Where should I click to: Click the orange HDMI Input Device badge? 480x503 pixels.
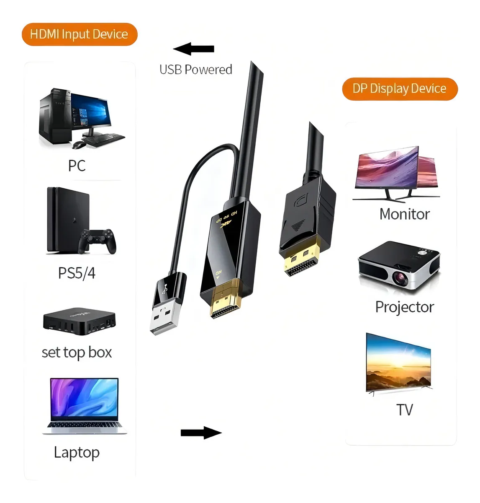[x=80, y=34]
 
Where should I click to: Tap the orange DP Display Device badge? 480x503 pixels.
[x=400, y=89]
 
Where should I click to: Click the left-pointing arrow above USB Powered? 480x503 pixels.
[x=193, y=49]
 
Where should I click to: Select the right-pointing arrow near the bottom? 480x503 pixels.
[x=201, y=433]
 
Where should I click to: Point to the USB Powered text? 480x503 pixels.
[x=195, y=70]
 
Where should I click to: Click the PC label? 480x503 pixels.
[x=77, y=166]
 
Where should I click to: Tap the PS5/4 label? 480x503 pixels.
[x=77, y=273]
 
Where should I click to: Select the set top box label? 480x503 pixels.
[x=77, y=353]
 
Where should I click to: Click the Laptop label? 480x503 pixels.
[x=77, y=452]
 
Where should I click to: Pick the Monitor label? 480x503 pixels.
[x=404, y=214]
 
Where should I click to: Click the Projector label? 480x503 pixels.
[x=404, y=307]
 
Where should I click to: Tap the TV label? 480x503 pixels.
[x=404, y=410]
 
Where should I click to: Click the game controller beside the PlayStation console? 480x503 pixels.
[x=98, y=240]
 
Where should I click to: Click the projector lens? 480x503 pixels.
[x=401, y=277]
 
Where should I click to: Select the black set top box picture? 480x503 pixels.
[x=79, y=321]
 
